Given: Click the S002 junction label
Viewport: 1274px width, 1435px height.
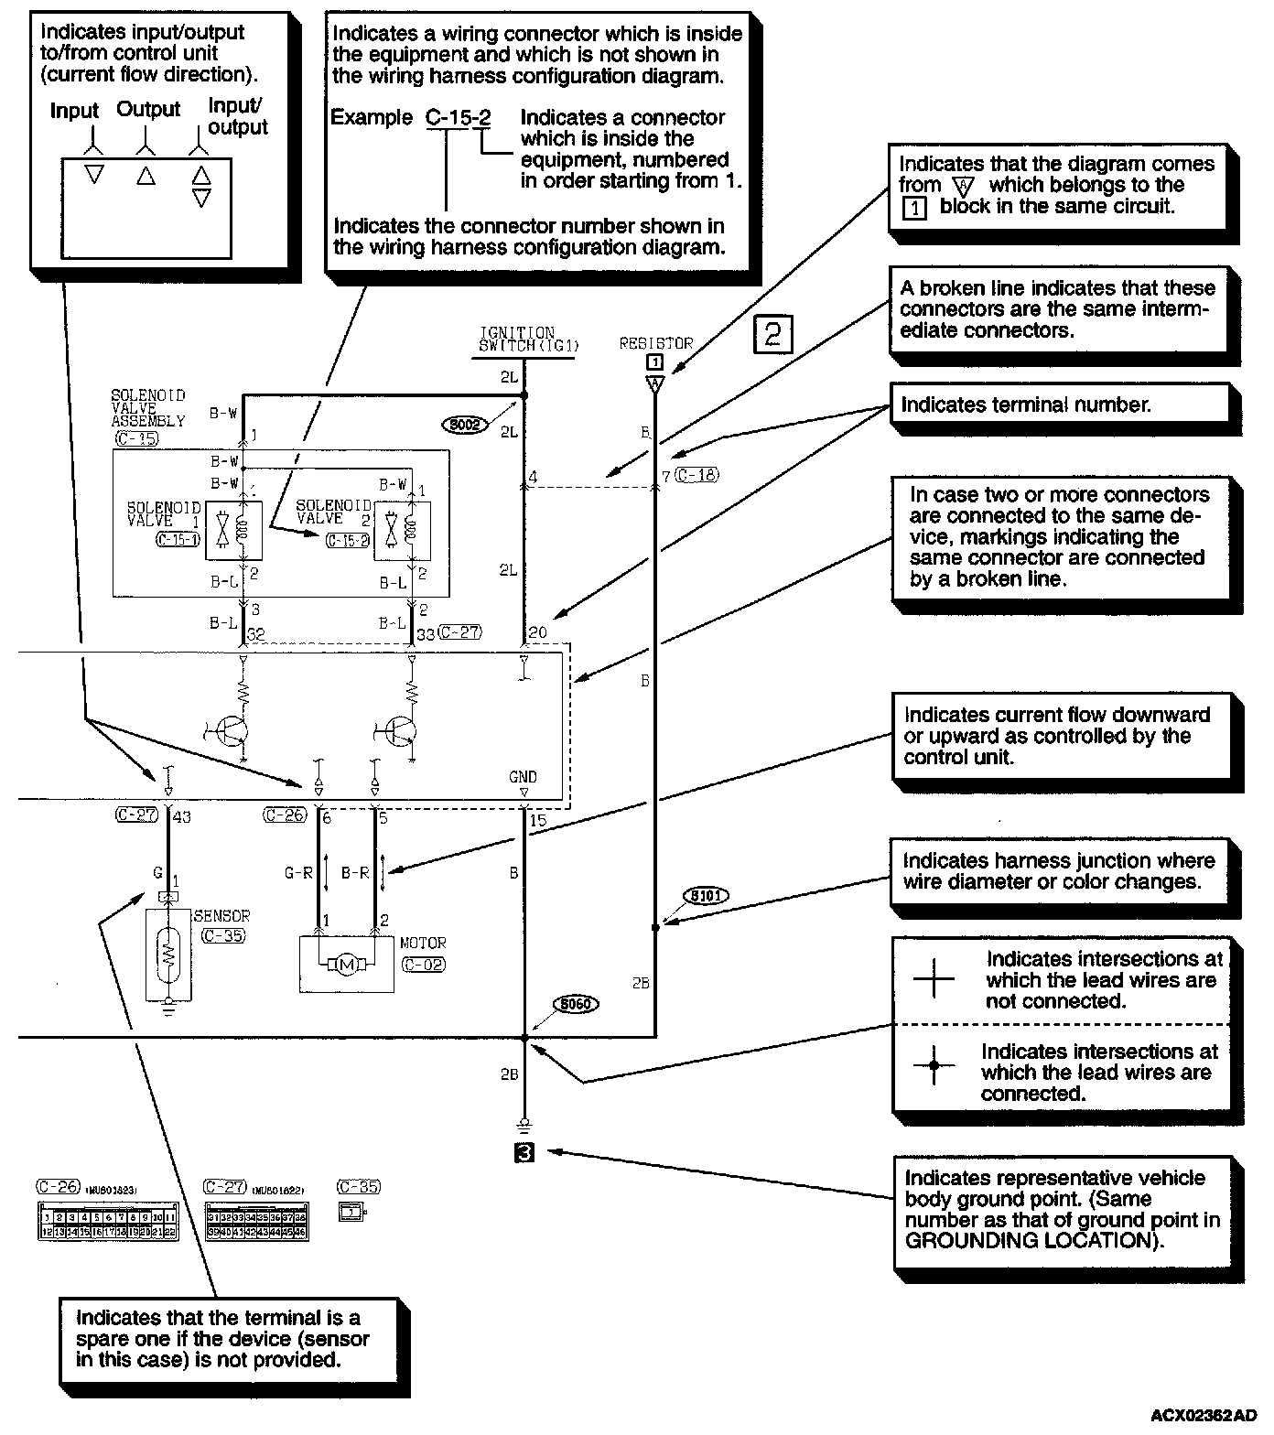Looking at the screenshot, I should [x=464, y=425].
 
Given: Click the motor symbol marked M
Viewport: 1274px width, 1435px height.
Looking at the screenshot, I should [x=346, y=965].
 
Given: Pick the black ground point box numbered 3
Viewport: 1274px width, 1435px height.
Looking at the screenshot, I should [x=524, y=1153].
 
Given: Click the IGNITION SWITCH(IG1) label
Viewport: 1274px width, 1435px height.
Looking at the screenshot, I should [x=518, y=340].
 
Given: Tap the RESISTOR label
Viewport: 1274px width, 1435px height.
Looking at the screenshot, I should [x=655, y=344].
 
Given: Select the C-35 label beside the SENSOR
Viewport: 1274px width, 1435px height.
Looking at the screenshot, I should [x=223, y=935].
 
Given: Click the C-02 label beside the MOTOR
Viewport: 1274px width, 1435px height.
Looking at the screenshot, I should [x=424, y=964].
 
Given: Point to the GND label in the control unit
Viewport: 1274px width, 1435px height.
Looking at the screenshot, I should [x=524, y=777].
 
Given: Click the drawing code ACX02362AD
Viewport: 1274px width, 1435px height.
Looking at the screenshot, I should [x=1204, y=1415].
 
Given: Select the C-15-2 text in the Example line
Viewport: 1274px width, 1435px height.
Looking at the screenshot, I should [x=459, y=118].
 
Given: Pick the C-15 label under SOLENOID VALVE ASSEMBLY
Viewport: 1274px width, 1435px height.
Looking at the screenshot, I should [x=136, y=438].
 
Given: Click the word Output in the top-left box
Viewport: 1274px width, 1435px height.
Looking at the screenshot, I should [x=148, y=110].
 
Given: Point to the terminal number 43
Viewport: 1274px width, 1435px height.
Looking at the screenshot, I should [x=181, y=816].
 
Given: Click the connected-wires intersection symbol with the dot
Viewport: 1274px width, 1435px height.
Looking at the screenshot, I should [x=934, y=1064].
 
